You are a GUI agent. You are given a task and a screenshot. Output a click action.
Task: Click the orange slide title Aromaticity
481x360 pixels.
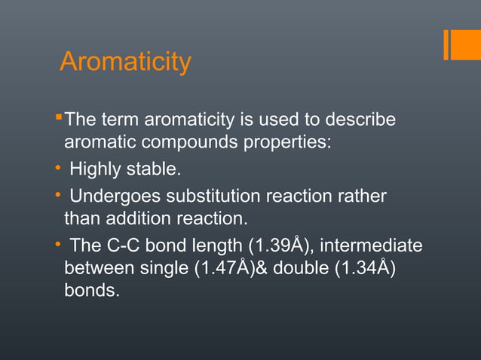(x=125, y=62)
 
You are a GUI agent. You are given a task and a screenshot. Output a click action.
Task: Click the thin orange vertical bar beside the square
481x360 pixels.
(x=447, y=44)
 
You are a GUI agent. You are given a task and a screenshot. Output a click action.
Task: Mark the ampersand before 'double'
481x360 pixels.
(x=262, y=268)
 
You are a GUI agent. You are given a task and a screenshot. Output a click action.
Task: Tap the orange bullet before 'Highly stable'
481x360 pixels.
(x=59, y=169)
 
